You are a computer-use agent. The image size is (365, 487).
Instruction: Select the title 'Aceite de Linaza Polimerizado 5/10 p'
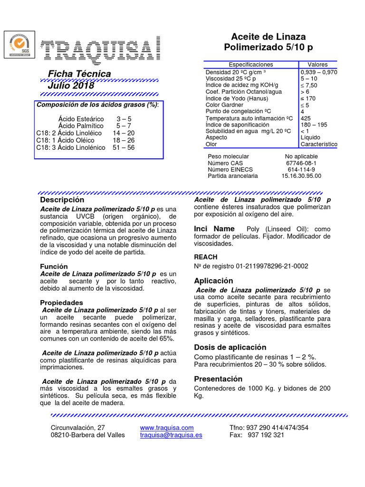point(268,42)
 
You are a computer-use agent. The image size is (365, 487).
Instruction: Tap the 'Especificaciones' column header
point(251,64)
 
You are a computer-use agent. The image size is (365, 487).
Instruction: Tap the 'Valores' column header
point(317,64)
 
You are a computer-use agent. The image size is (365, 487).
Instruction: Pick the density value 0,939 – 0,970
point(318,72)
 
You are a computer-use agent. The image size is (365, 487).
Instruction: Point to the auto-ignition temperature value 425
point(307,118)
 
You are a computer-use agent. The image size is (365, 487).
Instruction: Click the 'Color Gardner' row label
point(224,105)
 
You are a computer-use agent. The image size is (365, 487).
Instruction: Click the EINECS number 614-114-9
point(301,169)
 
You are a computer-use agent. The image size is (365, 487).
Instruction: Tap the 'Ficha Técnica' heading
point(79,74)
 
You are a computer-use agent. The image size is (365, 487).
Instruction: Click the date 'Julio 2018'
point(71,86)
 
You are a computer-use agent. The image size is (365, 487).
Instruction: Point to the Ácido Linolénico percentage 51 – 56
point(124,147)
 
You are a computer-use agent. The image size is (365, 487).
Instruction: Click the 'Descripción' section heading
point(62,200)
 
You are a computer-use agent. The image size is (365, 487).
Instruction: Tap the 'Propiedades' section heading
point(61,302)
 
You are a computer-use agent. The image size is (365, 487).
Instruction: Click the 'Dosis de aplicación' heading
point(230,347)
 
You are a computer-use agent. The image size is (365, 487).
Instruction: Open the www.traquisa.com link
point(167,428)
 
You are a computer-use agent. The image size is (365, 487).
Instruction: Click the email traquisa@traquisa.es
point(171,435)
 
